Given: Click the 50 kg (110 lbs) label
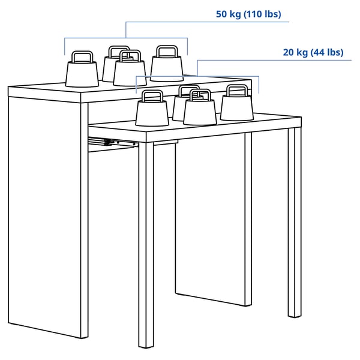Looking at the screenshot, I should pos(248,13).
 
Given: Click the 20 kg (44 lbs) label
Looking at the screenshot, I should pos(313,52).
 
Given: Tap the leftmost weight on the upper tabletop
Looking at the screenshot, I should pos(82,71).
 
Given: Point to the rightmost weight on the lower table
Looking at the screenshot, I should pos(236,106).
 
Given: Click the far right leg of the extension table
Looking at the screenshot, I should pos(294,222).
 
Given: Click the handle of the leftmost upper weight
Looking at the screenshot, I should pos(82,56).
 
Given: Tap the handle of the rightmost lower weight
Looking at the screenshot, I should pos(236,90).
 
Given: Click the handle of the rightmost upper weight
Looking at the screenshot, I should pos(166,51).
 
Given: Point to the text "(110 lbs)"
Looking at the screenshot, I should pos(260,13).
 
